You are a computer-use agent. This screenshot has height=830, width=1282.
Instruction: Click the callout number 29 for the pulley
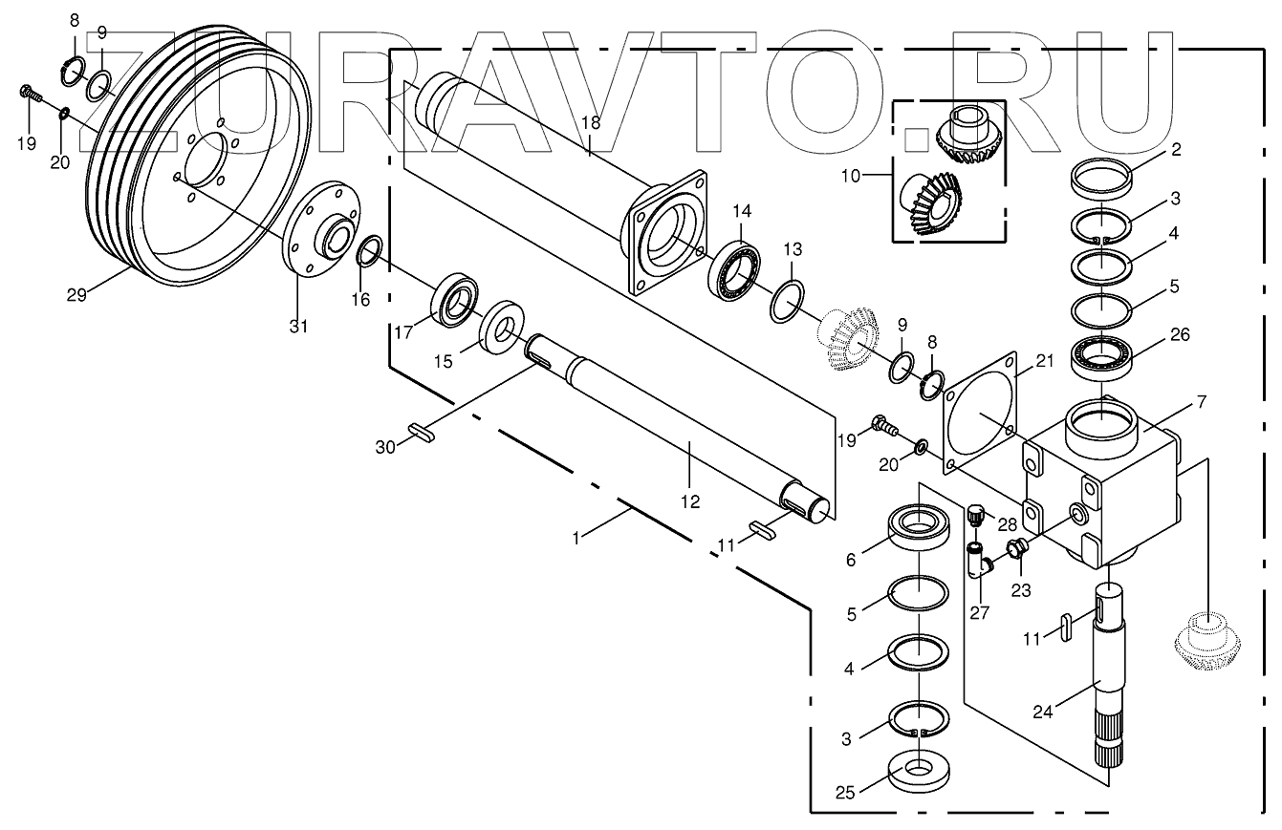(76, 295)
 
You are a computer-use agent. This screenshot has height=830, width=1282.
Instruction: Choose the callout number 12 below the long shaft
(690, 501)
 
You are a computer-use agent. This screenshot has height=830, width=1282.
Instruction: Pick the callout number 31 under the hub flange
(299, 327)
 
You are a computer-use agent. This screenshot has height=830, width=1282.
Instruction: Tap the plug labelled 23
(1017, 550)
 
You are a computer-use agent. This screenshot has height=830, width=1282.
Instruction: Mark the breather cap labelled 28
(975, 516)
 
